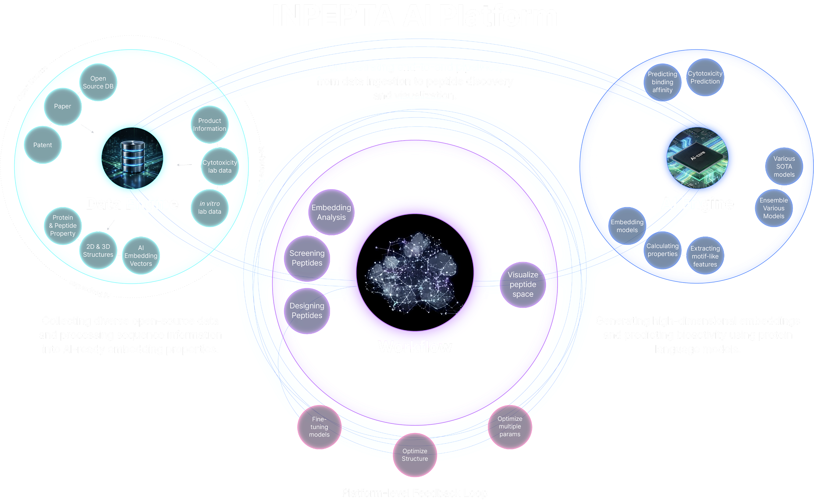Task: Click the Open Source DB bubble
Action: (x=98, y=82)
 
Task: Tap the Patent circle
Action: (x=43, y=145)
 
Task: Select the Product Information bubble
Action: (x=210, y=125)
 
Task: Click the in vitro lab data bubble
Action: (x=210, y=208)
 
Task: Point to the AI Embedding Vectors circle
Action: (x=141, y=255)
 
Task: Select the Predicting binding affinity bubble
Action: (x=662, y=82)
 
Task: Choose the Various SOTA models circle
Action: (x=784, y=167)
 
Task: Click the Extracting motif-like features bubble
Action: (x=705, y=256)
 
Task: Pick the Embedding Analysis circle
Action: (x=331, y=212)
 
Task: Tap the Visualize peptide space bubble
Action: (x=523, y=284)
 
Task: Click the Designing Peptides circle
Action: (x=307, y=310)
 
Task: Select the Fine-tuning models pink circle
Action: (x=319, y=427)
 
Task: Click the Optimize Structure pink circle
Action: (x=415, y=455)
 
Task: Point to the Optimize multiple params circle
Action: (x=510, y=427)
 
